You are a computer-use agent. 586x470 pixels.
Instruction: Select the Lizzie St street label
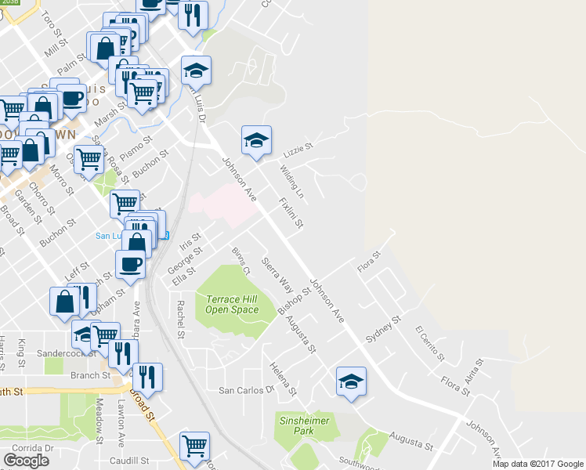coord(298,147)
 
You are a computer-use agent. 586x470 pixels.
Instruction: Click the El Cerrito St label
coord(429,343)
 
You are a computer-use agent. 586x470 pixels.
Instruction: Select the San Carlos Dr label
coord(247,389)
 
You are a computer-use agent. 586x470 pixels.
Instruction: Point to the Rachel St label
coord(180,320)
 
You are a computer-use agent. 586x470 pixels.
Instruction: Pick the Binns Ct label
coord(240,262)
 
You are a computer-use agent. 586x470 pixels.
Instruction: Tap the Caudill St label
coord(129,461)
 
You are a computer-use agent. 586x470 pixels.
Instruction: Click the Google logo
coord(26,461)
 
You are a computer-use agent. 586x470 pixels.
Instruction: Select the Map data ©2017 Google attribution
coord(538,464)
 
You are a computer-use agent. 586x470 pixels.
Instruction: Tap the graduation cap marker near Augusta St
coord(352,382)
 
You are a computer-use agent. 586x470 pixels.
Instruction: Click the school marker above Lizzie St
coord(256,140)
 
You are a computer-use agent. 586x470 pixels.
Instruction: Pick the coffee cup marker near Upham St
coord(130,265)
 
